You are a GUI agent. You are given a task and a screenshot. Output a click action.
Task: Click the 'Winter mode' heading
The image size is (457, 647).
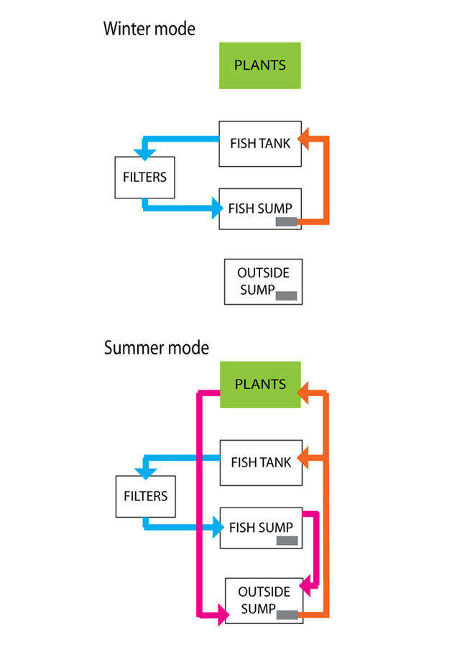click(x=149, y=29)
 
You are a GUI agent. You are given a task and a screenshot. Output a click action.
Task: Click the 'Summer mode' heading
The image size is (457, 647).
click(x=156, y=348)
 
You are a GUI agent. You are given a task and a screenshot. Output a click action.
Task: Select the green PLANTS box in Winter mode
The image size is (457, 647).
click(x=259, y=65)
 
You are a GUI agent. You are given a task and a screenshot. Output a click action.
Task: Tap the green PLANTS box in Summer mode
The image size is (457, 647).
click(x=259, y=385)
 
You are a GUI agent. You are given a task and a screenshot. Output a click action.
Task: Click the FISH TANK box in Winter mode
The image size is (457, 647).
click(x=259, y=144)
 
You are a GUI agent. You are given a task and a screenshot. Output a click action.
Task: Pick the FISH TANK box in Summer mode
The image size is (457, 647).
click(x=259, y=462)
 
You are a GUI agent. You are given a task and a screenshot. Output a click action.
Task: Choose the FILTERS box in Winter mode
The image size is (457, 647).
click(x=144, y=178)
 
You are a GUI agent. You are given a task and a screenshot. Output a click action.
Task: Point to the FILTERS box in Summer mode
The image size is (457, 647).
click(x=145, y=496)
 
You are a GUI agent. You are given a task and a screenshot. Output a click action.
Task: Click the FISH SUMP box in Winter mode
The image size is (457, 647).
click(x=259, y=209)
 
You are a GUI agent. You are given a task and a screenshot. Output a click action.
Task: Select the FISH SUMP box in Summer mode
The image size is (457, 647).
click(x=259, y=528)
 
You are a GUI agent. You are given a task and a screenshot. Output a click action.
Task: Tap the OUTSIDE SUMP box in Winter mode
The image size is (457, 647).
click(x=263, y=281)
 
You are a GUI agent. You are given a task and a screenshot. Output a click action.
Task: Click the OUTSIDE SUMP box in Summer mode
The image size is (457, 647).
click(x=264, y=600)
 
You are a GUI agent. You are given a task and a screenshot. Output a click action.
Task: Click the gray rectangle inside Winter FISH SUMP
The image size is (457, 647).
click(x=287, y=222)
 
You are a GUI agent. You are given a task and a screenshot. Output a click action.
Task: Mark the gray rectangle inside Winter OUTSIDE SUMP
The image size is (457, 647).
click(x=288, y=295)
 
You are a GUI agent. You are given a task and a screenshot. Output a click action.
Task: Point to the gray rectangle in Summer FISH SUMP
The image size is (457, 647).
click(x=287, y=541)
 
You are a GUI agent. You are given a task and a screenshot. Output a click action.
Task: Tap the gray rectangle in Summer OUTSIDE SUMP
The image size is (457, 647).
click(x=288, y=615)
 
